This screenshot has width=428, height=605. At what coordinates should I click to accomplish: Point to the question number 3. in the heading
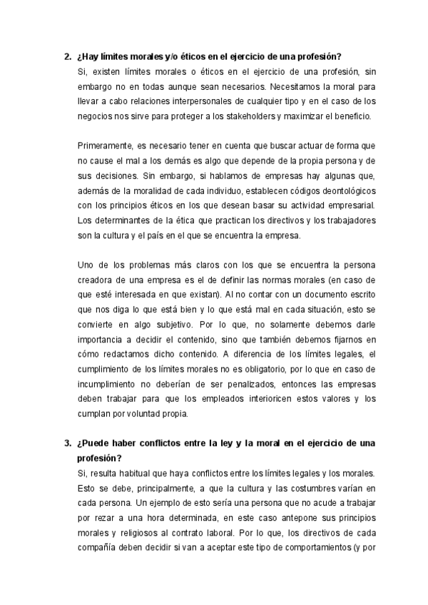tap(67, 444)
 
